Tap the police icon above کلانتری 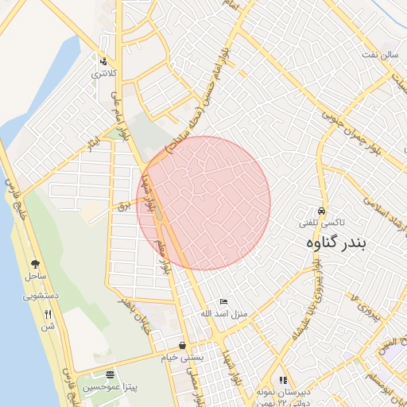click(103, 61)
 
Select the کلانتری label click(104, 73)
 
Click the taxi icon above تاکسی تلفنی click(321, 211)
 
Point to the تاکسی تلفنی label click(320, 224)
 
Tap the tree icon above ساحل click(35, 264)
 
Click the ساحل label click(35, 276)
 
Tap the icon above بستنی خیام click(184, 346)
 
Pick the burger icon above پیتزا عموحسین click(110, 374)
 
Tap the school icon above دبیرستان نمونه click(284, 380)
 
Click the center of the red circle click(203, 203)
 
